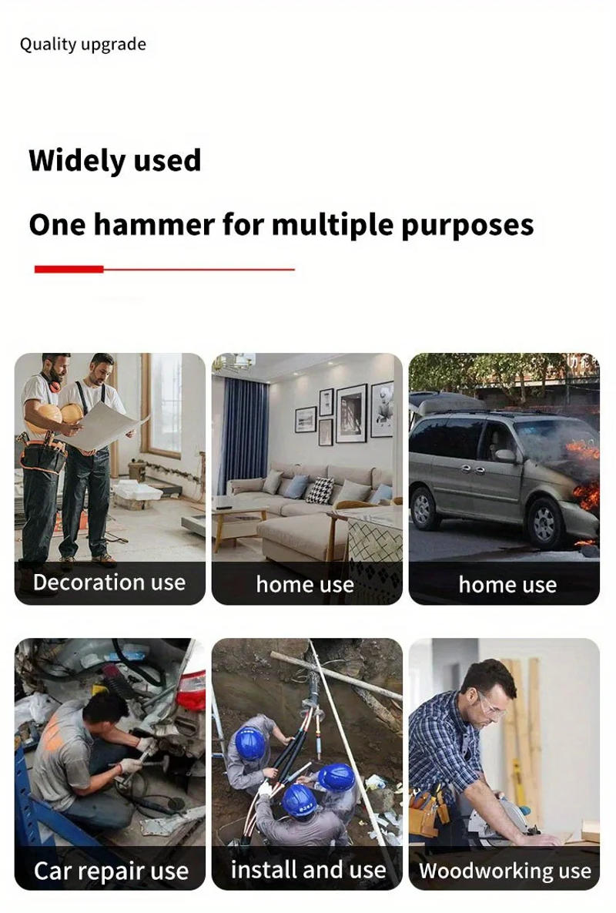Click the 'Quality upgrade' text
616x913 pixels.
coord(82,45)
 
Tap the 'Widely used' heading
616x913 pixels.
coord(115,160)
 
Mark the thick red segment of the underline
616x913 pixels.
coord(69,269)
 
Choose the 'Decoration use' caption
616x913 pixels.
coord(109,582)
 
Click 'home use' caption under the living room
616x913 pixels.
coord(305,585)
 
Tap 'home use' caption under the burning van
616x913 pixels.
coord(507,585)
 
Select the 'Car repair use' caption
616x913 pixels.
coord(111,871)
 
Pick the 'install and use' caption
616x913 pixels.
coord(308,870)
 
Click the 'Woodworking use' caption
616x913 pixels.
coord(505,871)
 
